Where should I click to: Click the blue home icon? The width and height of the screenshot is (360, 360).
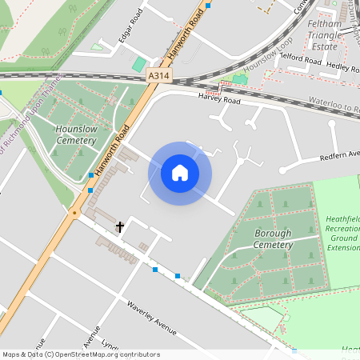click(180, 173)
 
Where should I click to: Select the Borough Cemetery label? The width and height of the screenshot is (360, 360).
click(274, 238)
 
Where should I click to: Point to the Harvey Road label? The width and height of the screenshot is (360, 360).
click(219, 100)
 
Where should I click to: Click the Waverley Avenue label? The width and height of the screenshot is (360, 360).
click(151, 318)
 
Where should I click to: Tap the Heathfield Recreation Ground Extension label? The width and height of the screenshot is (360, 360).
click(342, 233)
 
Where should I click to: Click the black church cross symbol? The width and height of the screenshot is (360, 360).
click(120, 227)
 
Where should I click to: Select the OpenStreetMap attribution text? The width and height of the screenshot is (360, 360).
click(80, 354)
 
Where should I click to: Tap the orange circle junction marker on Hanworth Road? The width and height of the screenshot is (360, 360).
click(74, 213)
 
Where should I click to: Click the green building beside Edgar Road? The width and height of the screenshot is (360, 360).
click(140, 64)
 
